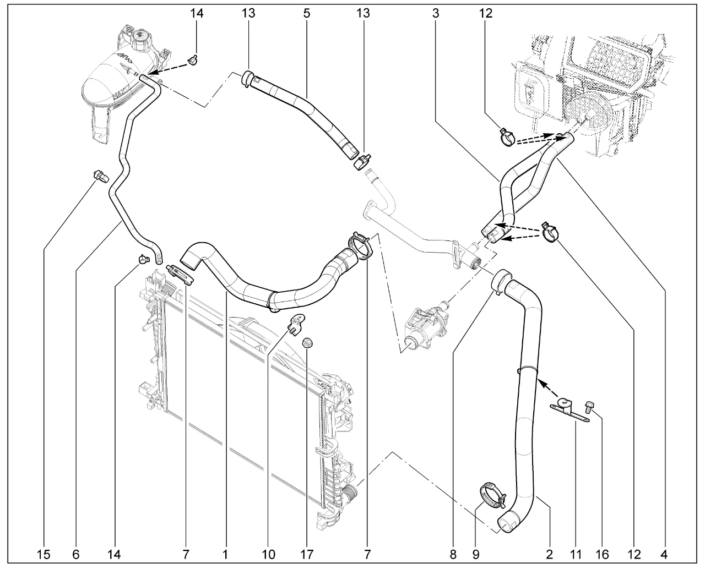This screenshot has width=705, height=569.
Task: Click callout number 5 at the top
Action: coord(306,13)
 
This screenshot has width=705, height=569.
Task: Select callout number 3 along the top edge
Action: coord(436,13)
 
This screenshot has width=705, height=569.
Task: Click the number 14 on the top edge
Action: coord(197,13)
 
